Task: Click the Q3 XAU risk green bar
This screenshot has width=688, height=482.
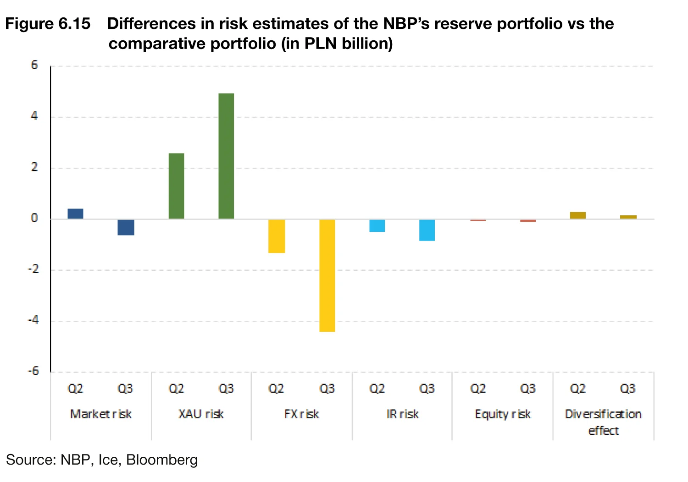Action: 226,156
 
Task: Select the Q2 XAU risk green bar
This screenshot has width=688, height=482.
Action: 176,186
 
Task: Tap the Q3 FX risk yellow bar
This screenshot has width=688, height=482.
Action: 327,275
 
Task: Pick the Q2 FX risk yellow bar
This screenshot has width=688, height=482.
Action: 277,236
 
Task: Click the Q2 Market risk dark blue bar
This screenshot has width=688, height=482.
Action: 76,214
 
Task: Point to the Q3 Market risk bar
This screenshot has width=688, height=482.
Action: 126,227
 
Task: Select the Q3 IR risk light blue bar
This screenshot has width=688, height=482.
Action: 427,230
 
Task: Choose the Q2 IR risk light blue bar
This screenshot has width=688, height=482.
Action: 377,225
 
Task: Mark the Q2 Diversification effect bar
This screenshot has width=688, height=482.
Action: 578,215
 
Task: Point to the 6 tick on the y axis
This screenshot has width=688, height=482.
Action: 34,65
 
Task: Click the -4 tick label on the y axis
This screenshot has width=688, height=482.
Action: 33,320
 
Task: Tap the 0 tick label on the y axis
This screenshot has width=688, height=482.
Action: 34,218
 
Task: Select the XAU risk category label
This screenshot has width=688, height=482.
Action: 201,414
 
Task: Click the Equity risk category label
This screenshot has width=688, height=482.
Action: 503,414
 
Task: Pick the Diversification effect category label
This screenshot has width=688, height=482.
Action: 603,422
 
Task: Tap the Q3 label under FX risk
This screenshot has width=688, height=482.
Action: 327,389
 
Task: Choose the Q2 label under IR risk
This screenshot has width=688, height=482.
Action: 377,389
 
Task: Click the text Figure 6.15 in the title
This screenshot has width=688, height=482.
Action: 48,24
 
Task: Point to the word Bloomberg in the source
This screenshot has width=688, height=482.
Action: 162,460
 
